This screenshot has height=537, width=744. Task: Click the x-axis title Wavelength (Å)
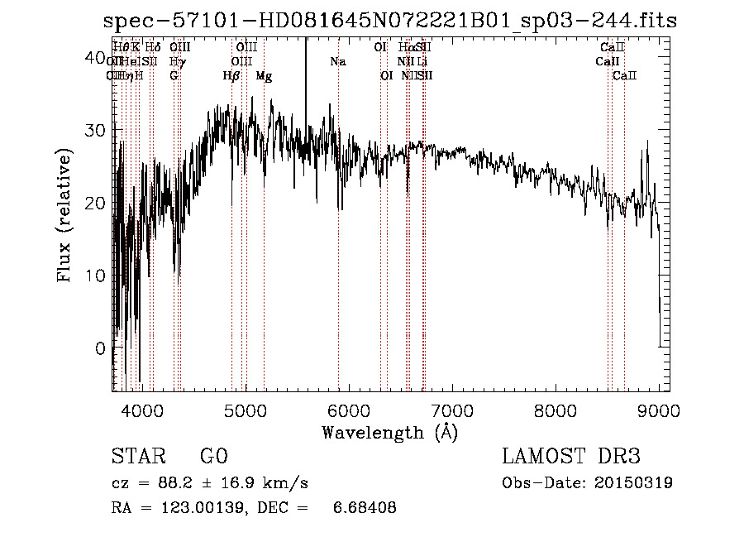click(x=389, y=432)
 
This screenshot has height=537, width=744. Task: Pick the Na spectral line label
click(x=337, y=62)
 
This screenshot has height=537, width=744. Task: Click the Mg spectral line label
click(x=264, y=76)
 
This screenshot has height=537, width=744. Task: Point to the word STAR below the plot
click(x=136, y=457)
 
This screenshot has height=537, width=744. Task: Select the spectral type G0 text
click(x=213, y=457)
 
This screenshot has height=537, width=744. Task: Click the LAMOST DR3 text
click(x=571, y=457)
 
